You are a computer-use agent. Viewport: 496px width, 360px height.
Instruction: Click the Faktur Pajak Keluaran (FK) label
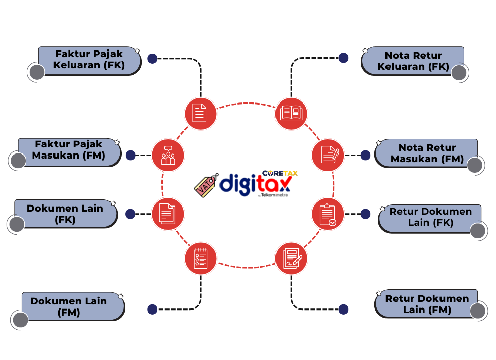click(x=89, y=60)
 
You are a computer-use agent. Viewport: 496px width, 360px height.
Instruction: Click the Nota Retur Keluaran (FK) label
click(x=413, y=61)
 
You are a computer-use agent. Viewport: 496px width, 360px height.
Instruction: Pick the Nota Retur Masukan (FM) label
click(x=427, y=153)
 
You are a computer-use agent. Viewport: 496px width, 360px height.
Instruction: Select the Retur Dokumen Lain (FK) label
click(x=430, y=217)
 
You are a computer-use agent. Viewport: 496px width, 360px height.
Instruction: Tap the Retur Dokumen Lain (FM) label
click(x=427, y=304)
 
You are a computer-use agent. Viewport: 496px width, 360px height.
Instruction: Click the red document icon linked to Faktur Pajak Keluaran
click(x=200, y=113)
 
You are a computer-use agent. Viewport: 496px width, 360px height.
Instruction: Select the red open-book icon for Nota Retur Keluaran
click(x=291, y=113)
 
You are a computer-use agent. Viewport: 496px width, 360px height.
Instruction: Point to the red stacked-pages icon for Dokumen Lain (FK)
click(x=167, y=214)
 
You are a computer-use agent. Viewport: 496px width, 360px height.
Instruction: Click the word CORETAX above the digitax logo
click(x=280, y=173)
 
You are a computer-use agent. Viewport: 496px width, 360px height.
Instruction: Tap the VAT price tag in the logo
click(x=205, y=185)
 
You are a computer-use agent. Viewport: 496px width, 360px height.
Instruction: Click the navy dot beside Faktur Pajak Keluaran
click(x=152, y=59)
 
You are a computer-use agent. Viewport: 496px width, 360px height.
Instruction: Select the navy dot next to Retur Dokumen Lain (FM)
click(x=343, y=309)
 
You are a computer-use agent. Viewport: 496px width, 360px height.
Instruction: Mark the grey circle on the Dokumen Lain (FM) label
click(x=21, y=320)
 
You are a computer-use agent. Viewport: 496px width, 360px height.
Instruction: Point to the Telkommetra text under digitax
click(x=274, y=195)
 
